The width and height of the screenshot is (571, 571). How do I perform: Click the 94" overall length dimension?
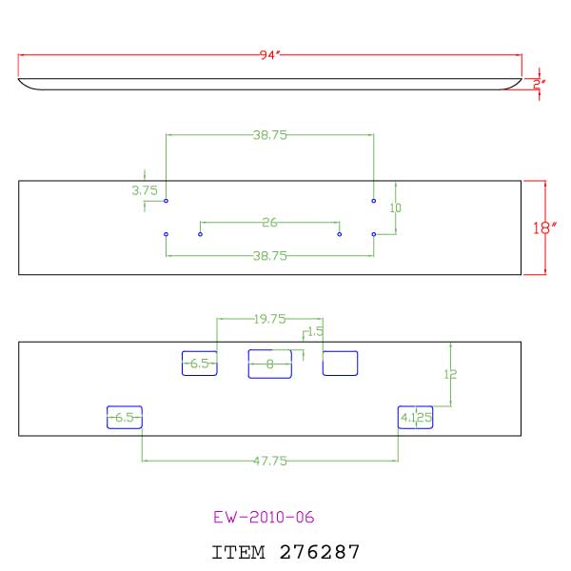tap(268, 56)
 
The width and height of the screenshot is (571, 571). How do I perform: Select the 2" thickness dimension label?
tap(539, 84)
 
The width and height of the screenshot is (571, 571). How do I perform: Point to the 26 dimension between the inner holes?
tap(269, 223)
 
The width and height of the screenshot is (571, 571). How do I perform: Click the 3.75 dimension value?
tap(144, 190)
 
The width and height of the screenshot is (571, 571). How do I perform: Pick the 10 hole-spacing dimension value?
tap(396, 207)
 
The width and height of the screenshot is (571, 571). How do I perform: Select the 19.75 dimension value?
tap(270, 319)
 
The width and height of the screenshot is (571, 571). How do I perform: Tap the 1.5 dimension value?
tap(316, 331)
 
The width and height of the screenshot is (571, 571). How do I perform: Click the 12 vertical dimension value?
tap(451, 375)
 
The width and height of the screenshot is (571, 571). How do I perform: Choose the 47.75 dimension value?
tap(270, 461)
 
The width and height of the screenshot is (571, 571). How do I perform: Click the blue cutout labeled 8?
tap(269, 364)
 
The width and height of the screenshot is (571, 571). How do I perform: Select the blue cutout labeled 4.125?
tap(415, 417)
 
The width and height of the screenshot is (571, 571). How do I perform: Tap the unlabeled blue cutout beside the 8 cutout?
tap(340, 363)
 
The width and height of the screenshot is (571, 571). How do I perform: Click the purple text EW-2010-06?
tap(264, 518)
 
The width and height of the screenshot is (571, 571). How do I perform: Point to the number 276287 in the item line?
tap(320, 551)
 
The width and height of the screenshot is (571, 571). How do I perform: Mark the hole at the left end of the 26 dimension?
tap(200, 233)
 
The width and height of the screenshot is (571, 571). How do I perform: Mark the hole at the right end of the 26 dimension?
tap(340, 233)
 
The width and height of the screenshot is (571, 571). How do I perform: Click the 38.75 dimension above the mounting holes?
tap(270, 135)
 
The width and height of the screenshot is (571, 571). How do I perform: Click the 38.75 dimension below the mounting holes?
tap(270, 256)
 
